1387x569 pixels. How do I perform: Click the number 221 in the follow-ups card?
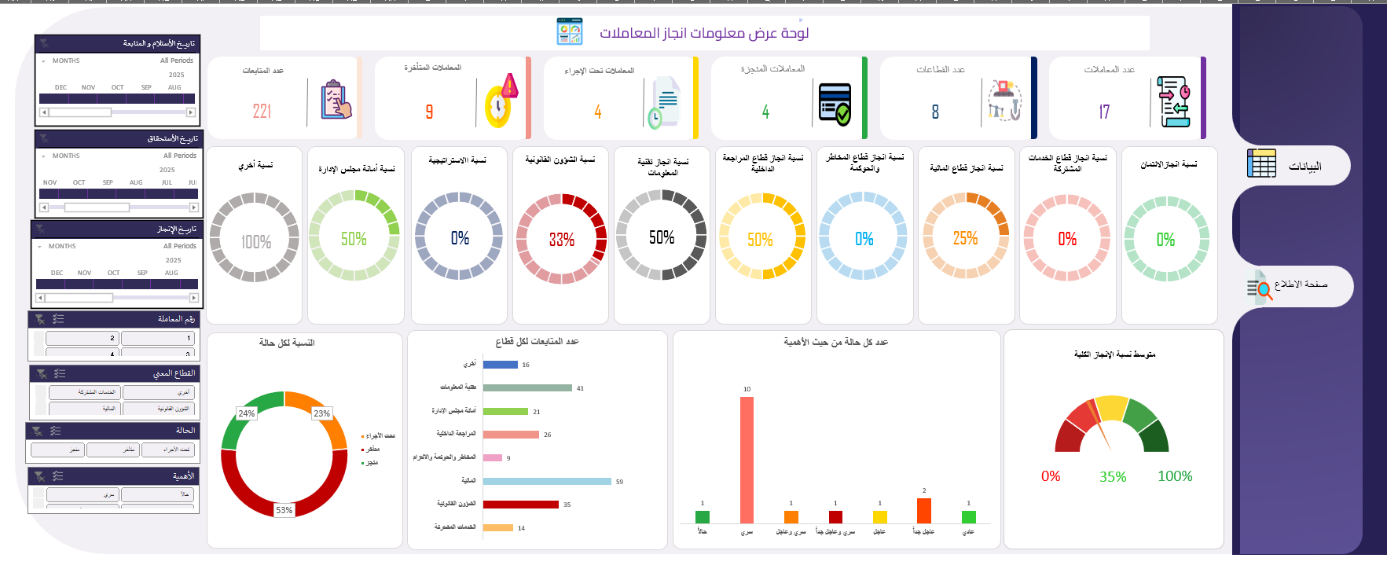pos(262,112)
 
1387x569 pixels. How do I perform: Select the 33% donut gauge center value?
pos(561,240)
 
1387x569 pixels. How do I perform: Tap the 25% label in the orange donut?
pos(965,238)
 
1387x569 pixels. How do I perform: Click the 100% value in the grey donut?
pos(255,242)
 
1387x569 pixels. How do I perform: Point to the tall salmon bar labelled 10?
pos(747,460)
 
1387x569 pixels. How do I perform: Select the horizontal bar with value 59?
pos(547,481)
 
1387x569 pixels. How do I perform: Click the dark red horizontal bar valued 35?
pos(520,505)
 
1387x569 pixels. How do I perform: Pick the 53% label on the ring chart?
pos(284,510)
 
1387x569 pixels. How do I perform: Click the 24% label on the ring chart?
pos(246,413)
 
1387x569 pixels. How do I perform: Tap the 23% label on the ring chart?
pos(321,413)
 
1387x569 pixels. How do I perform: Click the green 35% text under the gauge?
pos(1113,477)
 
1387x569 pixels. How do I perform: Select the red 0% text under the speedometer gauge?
pos(1051,476)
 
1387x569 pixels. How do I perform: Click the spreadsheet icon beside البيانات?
pos(1261,163)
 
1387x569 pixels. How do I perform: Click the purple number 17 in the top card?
pos(1104,112)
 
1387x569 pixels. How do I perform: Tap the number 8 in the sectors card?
pos(935,112)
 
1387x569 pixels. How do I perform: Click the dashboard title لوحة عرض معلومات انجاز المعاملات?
pos(703,33)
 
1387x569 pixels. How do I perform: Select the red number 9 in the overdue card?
pos(429,112)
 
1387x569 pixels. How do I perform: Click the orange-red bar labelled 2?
pos(924,510)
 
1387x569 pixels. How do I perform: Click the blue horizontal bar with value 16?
pos(500,365)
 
